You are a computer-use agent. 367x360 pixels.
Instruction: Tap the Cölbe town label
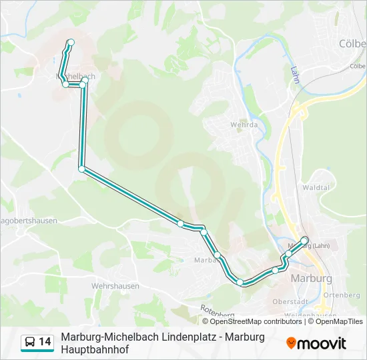pos(352,43)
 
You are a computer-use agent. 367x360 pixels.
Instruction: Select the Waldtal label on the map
pos(316,188)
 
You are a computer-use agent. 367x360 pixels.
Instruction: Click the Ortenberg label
pos(341,295)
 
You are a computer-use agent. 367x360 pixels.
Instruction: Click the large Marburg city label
pos(312,278)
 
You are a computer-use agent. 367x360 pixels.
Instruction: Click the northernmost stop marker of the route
pos(71,43)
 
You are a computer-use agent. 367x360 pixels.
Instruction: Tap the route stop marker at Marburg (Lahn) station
pos(305,240)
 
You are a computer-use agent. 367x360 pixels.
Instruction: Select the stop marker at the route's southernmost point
pos(240,283)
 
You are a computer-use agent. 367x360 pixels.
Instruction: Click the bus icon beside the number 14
pos(30,342)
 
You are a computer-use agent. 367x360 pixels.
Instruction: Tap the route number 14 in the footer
pos(45,342)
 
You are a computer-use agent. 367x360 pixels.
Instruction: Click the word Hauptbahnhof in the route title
pos(93,349)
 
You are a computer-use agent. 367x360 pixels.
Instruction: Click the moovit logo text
pos(323,343)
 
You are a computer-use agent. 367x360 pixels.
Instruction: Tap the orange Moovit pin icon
pos(292,343)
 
